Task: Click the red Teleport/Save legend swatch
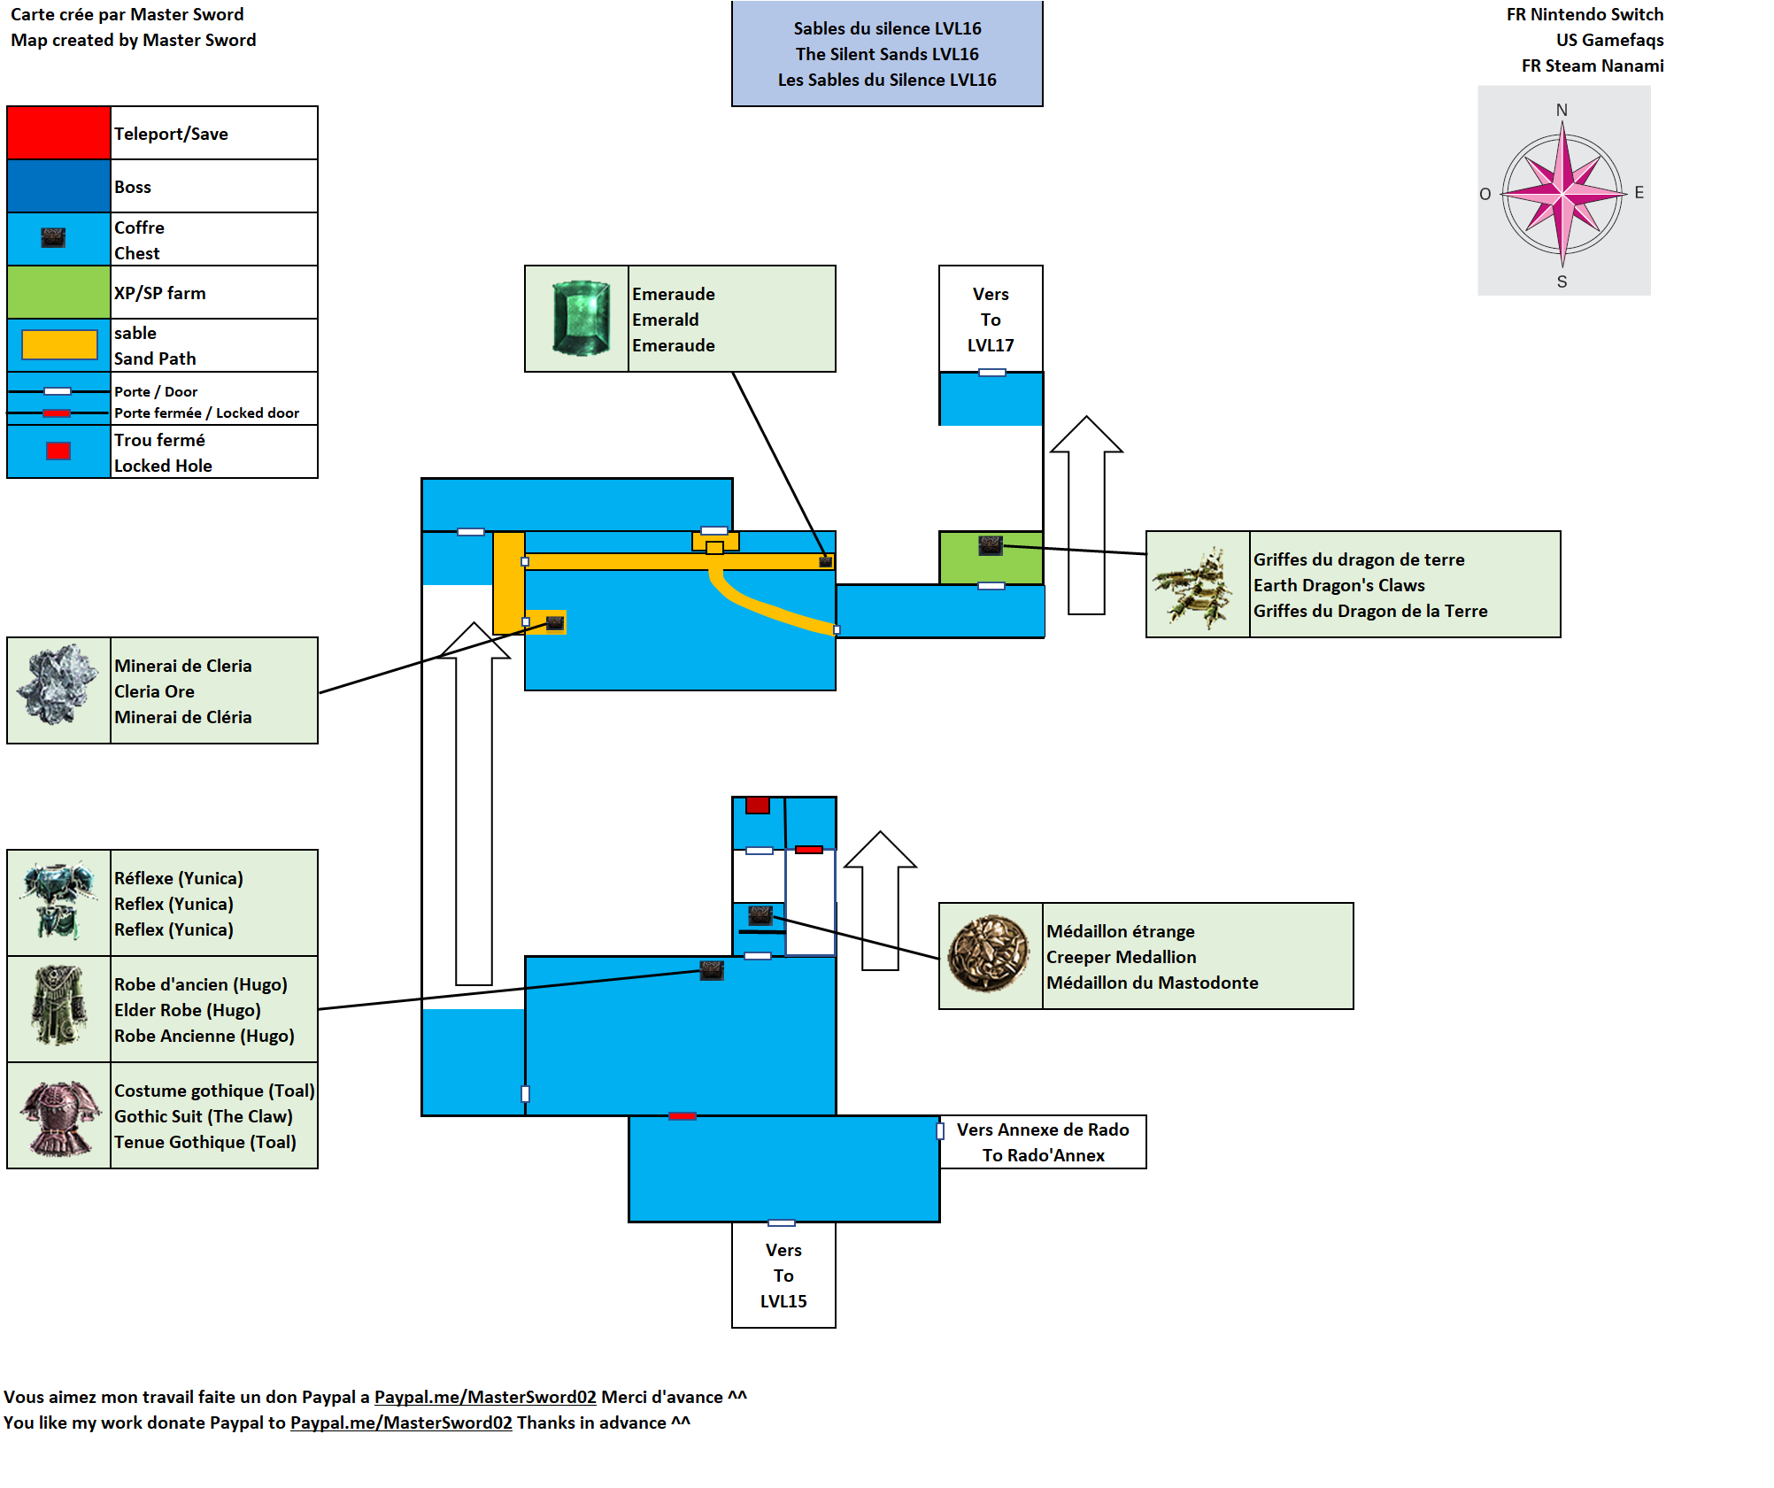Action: tap(58, 133)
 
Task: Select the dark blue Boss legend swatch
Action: tap(58, 186)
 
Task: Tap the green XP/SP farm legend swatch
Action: tap(58, 292)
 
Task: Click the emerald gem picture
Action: tap(581, 319)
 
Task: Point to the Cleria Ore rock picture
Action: tap(58, 685)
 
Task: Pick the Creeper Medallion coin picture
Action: tap(989, 953)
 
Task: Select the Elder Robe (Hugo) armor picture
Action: tap(58, 1006)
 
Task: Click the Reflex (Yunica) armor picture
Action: tap(58, 901)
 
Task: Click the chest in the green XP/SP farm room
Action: tap(990, 544)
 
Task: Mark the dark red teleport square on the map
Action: tap(757, 805)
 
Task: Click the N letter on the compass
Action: tap(1562, 110)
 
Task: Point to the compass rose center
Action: tap(1562, 192)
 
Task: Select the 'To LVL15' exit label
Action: tap(783, 1276)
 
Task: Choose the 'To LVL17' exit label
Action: tap(991, 320)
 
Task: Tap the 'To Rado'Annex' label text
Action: tap(1043, 1155)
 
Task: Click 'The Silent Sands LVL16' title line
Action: tap(887, 54)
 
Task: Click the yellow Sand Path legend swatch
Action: tap(59, 344)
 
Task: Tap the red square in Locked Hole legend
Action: tap(58, 451)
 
